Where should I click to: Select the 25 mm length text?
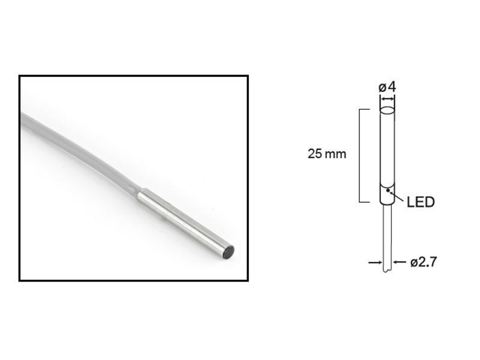327,154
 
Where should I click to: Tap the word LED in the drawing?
420,202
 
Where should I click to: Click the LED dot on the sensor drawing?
389,191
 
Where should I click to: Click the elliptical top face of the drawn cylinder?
388,111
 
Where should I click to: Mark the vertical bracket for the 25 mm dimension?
359,156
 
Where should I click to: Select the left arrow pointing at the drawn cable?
375,262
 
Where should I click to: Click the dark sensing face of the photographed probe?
227,252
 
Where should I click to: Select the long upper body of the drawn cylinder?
388,147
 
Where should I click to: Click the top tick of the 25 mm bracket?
364,110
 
